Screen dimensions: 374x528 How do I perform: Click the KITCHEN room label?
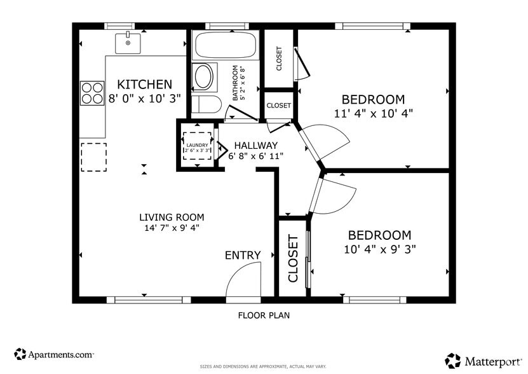pos(144,84)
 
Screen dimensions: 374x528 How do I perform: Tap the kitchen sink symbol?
pos(128,43)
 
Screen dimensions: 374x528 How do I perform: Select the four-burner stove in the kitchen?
pos(92,93)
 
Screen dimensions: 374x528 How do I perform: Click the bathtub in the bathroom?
pos(225,45)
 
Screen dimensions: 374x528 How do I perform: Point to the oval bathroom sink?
pos(204,76)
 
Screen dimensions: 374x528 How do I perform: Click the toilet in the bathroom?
pos(206,104)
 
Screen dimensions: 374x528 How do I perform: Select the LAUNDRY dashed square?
pos(197,146)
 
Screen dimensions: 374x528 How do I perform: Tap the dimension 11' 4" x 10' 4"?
pos(373,113)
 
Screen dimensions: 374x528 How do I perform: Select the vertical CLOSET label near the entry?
pos(293,258)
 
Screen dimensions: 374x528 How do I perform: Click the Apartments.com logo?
pos(54,354)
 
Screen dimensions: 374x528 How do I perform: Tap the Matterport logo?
pos(484,361)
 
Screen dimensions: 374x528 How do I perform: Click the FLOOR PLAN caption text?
pos(264,315)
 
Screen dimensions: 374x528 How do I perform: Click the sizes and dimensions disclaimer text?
pos(263,366)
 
